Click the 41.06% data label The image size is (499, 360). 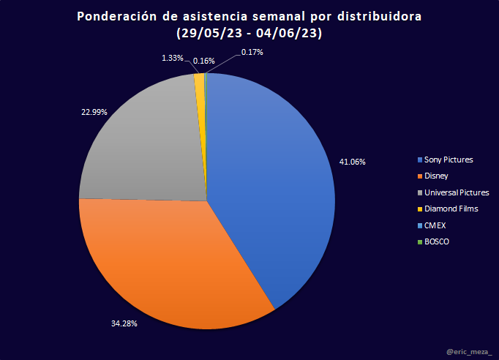pyautogui.click(x=351, y=161)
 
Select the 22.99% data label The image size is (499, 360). pyautogui.click(x=94, y=112)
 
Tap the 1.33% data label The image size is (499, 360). pyautogui.click(x=173, y=57)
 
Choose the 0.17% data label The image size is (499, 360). pyautogui.click(x=252, y=53)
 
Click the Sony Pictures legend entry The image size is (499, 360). pyautogui.click(x=448, y=160)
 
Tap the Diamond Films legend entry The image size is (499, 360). pyautogui.click(x=449, y=209)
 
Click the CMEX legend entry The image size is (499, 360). pyautogui.click(x=434, y=225)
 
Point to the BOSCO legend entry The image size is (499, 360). pyautogui.click(x=437, y=241)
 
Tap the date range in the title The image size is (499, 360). pyautogui.click(x=250, y=33)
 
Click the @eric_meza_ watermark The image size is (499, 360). pyautogui.click(x=468, y=352)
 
